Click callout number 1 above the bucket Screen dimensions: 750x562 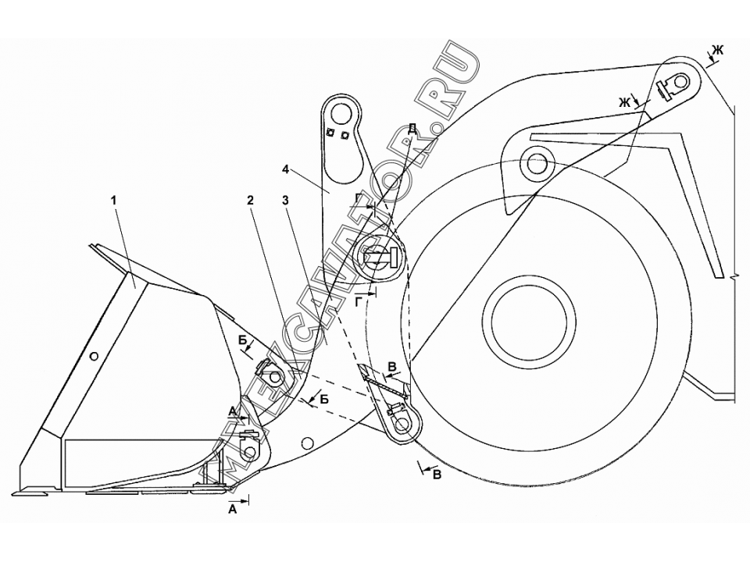(x=113, y=201)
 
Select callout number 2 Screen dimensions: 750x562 (x=250, y=201)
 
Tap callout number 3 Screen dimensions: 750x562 (x=286, y=201)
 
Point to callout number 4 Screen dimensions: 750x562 (x=286, y=169)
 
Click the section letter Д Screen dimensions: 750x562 (x=412, y=128)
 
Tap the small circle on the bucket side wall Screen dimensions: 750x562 (x=95, y=356)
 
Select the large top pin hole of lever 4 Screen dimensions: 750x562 (x=341, y=114)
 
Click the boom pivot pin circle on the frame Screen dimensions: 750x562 (x=536, y=165)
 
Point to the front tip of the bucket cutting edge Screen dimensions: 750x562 (x=12, y=493)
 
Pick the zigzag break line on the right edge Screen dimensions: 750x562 (x=731, y=276)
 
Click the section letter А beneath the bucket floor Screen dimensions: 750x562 (x=233, y=510)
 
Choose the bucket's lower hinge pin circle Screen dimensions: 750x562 (x=249, y=450)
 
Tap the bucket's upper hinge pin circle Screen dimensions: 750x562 (x=275, y=378)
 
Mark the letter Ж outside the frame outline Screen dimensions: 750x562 (x=719, y=50)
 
